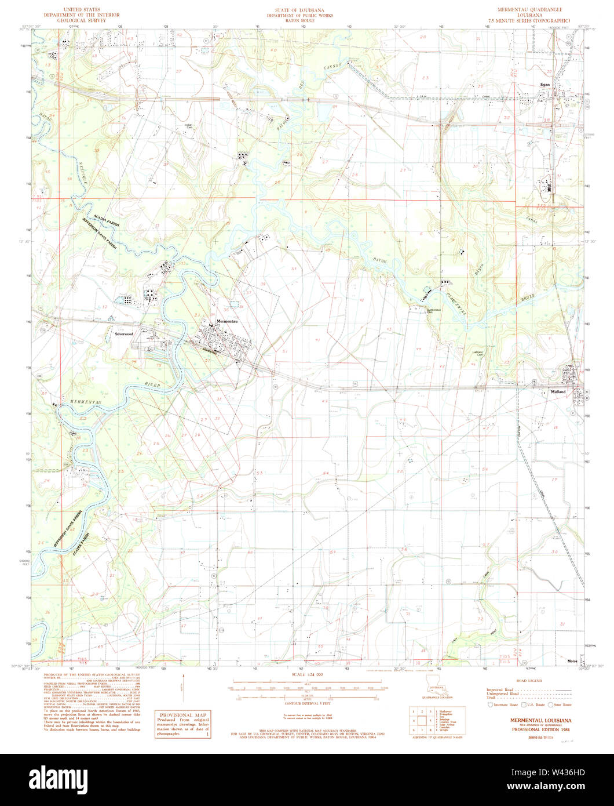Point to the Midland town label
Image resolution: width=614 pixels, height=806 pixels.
[558, 392]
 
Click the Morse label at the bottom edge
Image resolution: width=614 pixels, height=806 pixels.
[572, 661]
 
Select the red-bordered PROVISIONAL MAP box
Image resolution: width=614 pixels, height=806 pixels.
[184, 723]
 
